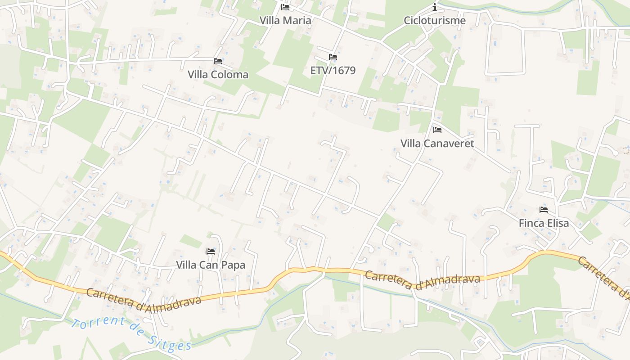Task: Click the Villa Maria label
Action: tap(285, 20)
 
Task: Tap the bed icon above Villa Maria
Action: tap(285, 7)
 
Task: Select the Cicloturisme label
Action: tap(435, 20)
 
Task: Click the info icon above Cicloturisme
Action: tap(435, 7)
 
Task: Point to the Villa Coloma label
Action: tap(218, 74)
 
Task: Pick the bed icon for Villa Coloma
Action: tap(218, 61)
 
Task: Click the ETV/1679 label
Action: tap(333, 70)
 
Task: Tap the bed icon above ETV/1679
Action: tap(333, 57)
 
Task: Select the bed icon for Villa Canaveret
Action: tap(437, 130)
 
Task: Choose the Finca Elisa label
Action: tap(544, 223)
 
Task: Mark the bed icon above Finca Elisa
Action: tap(544, 210)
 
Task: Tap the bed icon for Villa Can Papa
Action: tap(211, 252)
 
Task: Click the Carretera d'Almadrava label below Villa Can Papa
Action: tap(144, 298)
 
